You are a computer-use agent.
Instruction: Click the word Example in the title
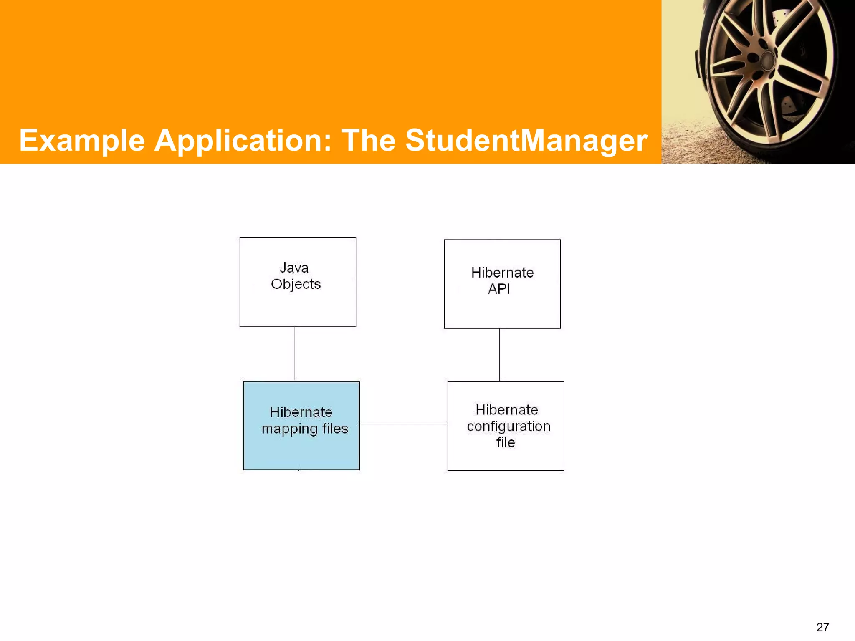(82, 141)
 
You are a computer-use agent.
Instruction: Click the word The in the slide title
(369, 141)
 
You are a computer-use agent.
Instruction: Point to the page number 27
(822, 627)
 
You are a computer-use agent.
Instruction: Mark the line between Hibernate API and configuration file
(499, 355)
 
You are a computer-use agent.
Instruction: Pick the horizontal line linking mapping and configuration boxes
(404, 424)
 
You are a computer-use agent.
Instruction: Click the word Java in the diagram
(294, 268)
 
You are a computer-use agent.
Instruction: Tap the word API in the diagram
(499, 289)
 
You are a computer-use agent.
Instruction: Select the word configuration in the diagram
(508, 426)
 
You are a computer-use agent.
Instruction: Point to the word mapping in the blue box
(290, 429)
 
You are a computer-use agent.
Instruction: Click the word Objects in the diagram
(296, 284)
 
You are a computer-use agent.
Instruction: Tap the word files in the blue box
(335, 429)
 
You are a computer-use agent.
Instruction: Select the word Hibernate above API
(502, 273)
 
